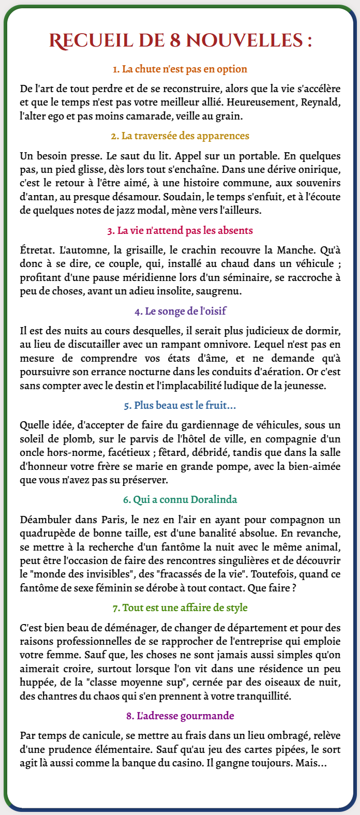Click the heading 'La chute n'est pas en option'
pyautogui.click(x=179, y=69)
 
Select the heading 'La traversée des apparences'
pyautogui.click(x=179, y=136)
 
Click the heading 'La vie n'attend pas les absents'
pyautogui.click(x=179, y=230)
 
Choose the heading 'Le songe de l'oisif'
pyautogui.click(x=179, y=312)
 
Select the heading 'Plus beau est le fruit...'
pyautogui.click(x=179, y=406)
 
